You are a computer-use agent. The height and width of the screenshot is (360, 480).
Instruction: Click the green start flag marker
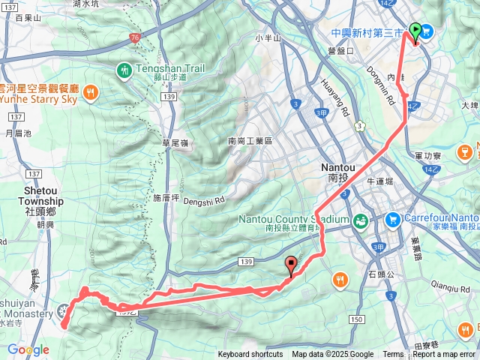coord(415,29)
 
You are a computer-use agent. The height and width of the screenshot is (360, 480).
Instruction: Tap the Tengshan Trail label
coord(169,69)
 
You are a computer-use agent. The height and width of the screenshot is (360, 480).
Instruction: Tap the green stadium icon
coord(361,220)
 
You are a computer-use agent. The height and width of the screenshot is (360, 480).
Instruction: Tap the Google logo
coord(28,349)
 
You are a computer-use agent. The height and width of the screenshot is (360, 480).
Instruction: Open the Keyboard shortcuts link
coord(250,355)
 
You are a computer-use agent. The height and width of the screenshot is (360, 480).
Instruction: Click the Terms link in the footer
coord(393,355)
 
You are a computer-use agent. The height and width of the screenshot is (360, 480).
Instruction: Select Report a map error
coord(443,355)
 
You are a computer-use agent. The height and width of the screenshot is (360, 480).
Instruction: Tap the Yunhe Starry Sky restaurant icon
coord(90,92)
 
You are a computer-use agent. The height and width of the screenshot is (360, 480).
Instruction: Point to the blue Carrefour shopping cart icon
coord(392,220)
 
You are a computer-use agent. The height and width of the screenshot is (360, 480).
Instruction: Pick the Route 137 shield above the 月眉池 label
coord(15,117)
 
